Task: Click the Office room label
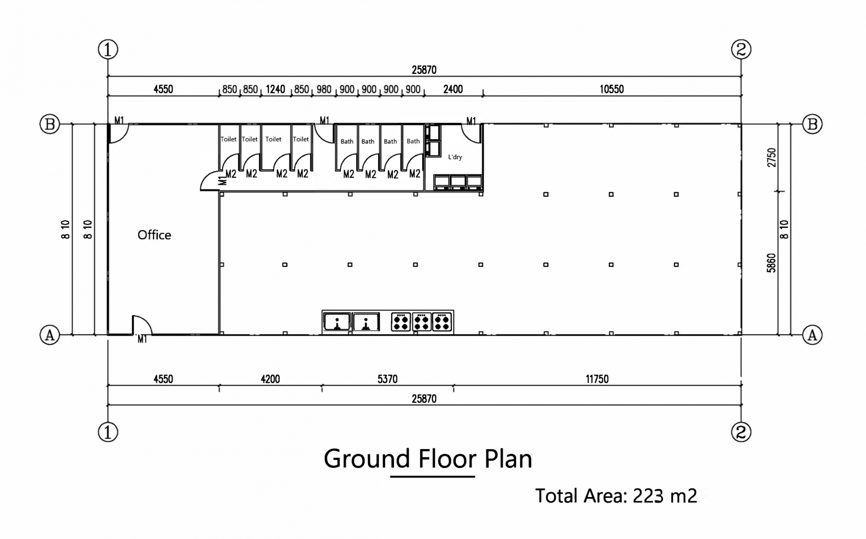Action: pyautogui.click(x=154, y=235)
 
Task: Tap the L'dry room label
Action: pyautogui.click(x=455, y=157)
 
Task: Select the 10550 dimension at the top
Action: pyautogui.click(x=611, y=89)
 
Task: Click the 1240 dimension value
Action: pyautogui.click(x=275, y=89)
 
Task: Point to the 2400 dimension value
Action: pyautogui.click(x=453, y=89)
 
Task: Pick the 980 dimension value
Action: pyautogui.click(x=324, y=89)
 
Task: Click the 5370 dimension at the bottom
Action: pyautogui.click(x=387, y=379)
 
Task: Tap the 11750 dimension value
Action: pyautogui.click(x=597, y=379)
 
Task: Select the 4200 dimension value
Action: pyautogui.click(x=270, y=379)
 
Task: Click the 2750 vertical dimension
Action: pyautogui.click(x=772, y=157)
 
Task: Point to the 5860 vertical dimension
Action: pyautogui.click(x=772, y=263)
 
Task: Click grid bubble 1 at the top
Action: pyautogui.click(x=108, y=49)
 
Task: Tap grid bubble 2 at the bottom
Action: pyautogui.click(x=741, y=432)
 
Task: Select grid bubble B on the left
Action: pyautogui.click(x=50, y=124)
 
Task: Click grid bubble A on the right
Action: pyautogui.click(x=812, y=335)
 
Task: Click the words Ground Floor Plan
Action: pyautogui.click(x=428, y=459)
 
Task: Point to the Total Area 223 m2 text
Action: pyautogui.click(x=616, y=496)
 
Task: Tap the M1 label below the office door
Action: pyautogui.click(x=142, y=339)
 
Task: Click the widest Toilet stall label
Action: pyautogui.click(x=273, y=139)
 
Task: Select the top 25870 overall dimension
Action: pyautogui.click(x=424, y=70)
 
